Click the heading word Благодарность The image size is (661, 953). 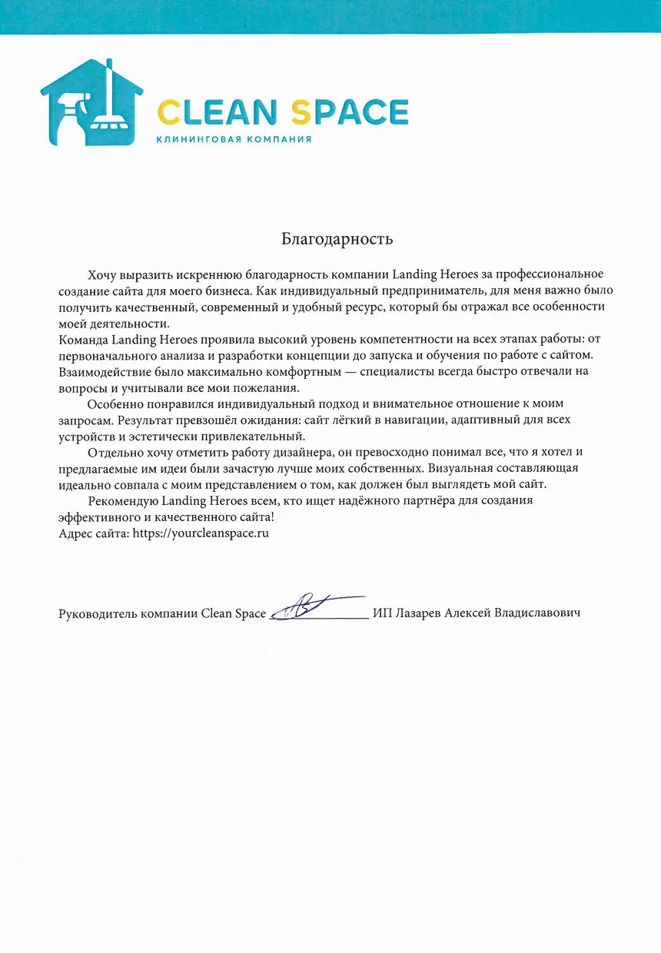337,238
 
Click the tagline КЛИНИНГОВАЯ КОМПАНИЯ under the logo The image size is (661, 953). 233,139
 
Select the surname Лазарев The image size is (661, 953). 419,613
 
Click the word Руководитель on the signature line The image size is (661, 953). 95,613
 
